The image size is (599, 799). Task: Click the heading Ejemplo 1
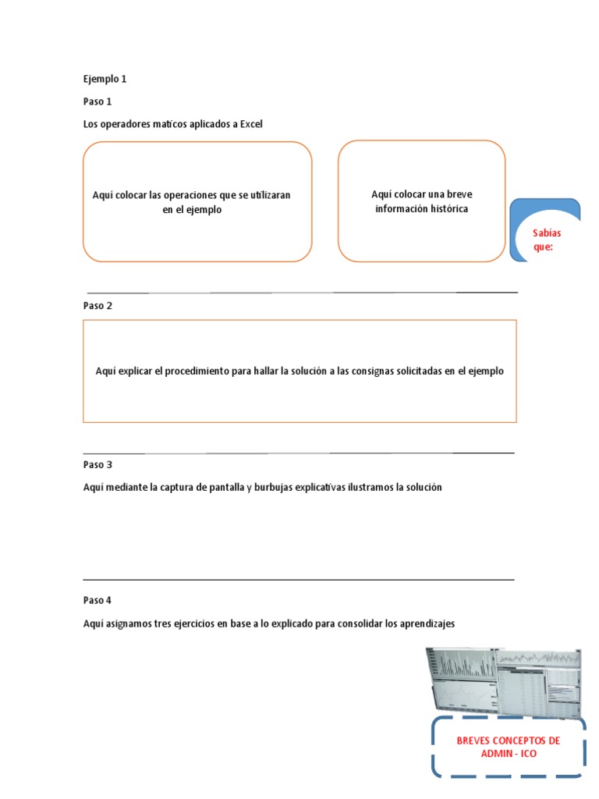click(x=105, y=79)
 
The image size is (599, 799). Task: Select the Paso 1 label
click(x=97, y=101)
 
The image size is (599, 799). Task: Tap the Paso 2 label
click(x=97, y=306)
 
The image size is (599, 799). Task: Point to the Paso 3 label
click(x=97, y=464)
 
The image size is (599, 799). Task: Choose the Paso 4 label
click(x=97, y=601)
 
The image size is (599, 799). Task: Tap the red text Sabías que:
click(x=546, y=240)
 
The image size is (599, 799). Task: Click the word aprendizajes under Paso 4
click(x=427, y=624)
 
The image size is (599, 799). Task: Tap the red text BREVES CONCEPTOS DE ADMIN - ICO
click(x=508, y=747)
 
